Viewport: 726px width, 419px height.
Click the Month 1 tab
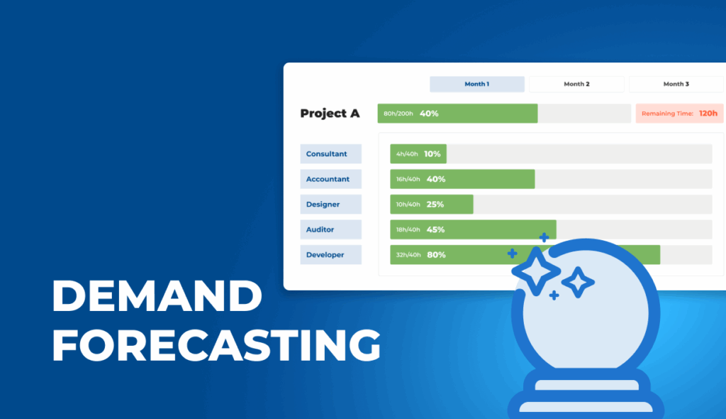click(476, 84)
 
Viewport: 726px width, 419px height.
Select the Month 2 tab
click(576, 84)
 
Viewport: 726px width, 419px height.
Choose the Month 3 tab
click(676, 84)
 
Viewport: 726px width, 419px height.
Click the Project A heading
click(330, 114)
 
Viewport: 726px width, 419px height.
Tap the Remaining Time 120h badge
click(679, 114)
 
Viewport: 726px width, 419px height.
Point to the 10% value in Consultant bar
click(432, 154)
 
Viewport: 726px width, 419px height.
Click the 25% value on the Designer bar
click(435, 205)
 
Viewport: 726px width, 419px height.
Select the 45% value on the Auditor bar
click(435, 229)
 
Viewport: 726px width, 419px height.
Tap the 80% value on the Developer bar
click(436, 255)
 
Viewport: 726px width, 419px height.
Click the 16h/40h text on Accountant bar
click(408, 179)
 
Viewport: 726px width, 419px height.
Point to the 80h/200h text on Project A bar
click(398, 114)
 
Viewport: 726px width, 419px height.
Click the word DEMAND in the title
click(157, 296)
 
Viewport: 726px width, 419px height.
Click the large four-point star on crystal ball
click(536, 271)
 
